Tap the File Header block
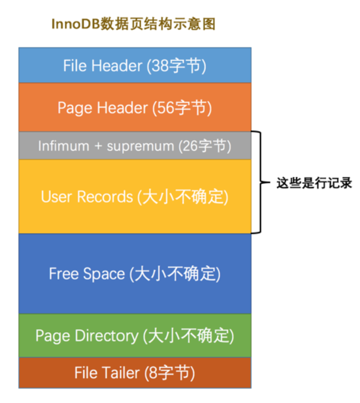click(x=134, y=65)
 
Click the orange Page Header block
click(x=134, y=108)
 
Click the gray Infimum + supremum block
click(x=134, y=146)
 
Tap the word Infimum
click(x=58, y=146)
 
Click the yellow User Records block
click(x=134, y=196)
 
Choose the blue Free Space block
click(x=134, y=274)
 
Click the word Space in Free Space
click(x=105, y=275)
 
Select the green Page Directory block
click(x=134, y=336)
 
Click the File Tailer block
click(x=134, y=373)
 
